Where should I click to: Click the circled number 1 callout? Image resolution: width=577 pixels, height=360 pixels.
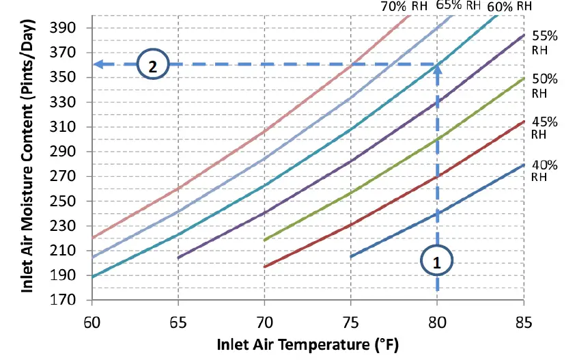point(438,260)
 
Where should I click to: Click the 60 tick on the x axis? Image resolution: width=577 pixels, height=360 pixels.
point(92,320)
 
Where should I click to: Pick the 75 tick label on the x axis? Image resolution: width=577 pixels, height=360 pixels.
point(351,320)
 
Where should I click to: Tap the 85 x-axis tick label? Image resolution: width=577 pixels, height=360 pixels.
point(524,320)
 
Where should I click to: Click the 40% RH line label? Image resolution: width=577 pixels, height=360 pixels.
point(545,170)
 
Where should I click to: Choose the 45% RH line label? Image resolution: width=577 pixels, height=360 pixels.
point(545,128)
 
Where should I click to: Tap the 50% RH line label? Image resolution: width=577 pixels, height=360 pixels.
point(545,85)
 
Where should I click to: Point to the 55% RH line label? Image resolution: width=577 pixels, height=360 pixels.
point(545,43)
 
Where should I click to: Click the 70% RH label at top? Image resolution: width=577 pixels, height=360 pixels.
point(404,6)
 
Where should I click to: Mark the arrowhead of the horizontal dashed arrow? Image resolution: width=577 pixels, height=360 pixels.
point(98,65)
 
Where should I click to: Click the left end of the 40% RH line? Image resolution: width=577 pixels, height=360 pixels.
point(351,257)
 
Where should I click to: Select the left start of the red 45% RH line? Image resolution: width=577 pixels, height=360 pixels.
point(265,266)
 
